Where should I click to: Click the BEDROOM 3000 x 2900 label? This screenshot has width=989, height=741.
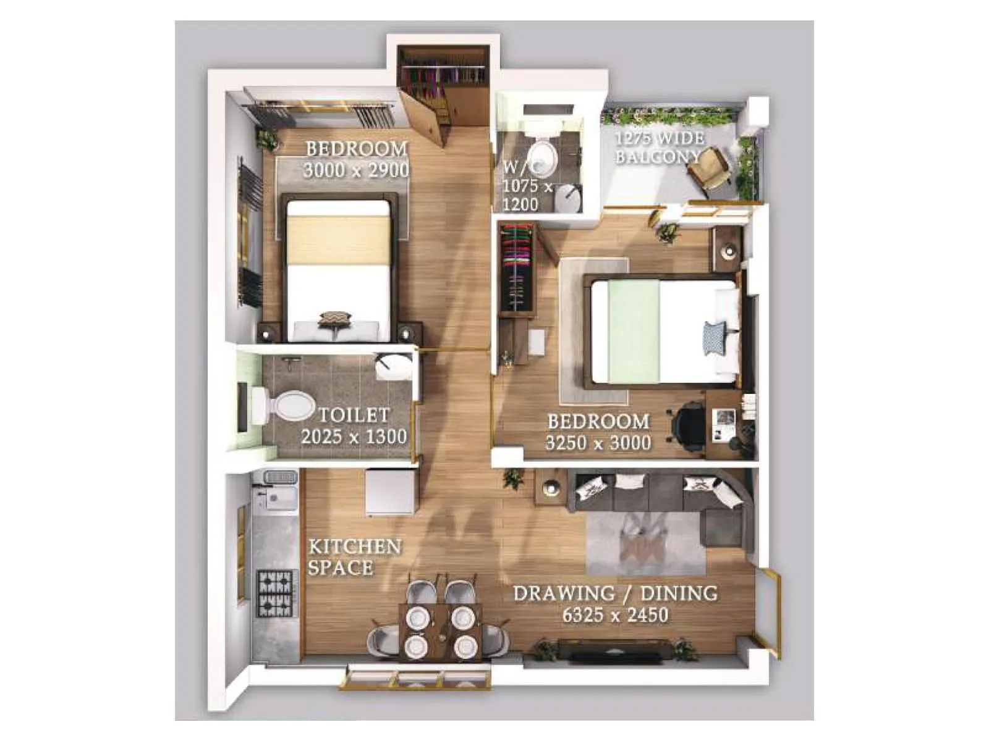point(357,159)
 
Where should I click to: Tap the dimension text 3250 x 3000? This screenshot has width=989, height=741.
point(598,443)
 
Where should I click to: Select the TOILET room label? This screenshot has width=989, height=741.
point(354,415)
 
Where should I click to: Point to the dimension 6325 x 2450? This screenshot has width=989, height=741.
point(615,615)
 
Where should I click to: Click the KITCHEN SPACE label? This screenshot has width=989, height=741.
point(354,557)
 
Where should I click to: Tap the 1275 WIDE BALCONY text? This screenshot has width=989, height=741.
point(659,147)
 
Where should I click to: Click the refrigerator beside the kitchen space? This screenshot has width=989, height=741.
point(389,492)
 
